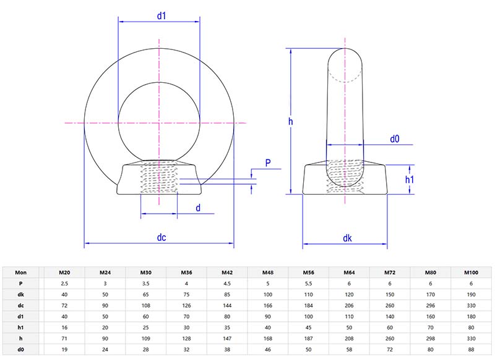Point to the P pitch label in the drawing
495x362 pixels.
[x=267, y=163]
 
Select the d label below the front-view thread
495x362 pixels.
[x=198, y=208]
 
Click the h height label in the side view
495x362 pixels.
[x=290, y=122]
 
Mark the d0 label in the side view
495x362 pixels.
[x=394, y=140]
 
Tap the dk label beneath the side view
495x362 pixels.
[x=346, y=237]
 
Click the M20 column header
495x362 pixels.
[x=64, y=272]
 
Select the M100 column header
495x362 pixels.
[x=471, y=272]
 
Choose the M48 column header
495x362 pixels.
[x=267, y=272]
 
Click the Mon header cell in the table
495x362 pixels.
[x=21, y=272]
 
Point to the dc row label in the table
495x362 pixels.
[x=21, y=305]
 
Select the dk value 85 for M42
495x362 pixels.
[x=226, y=294]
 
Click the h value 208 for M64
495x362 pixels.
[x=349, y=339]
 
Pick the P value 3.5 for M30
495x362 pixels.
[x=145, y=283]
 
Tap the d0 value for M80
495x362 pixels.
[x=431, y=350]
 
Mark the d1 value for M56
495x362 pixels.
[x=308, y=316]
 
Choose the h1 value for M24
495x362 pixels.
[x=105, y=327]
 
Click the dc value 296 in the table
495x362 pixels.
[x=431, y=305]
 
